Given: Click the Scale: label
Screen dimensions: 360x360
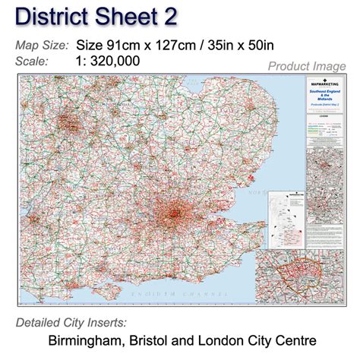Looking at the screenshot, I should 33,62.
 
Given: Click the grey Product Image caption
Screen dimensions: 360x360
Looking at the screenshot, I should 308,67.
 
